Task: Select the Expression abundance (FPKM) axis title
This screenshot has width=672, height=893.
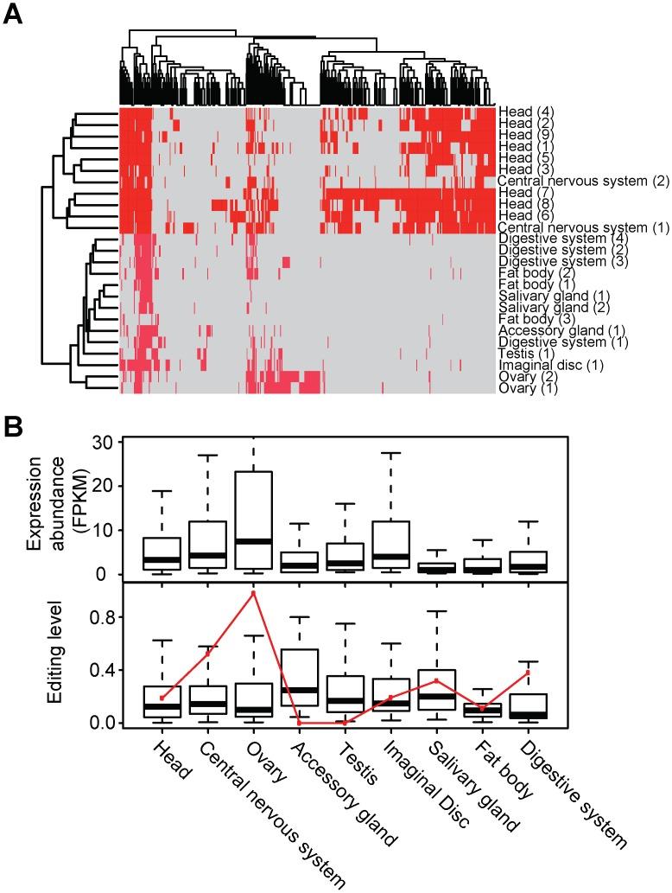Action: click(43, 508)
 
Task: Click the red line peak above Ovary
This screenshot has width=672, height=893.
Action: click(253, 593)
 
